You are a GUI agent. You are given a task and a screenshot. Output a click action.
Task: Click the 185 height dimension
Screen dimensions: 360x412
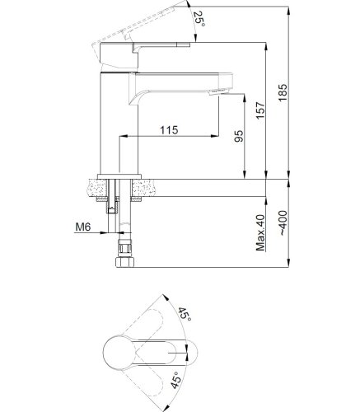[x=283, y=92]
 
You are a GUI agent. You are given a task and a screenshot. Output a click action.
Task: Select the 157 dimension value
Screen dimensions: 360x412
[x=260, y=110]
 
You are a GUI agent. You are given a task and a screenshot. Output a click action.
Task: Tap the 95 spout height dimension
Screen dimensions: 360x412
[x=239, y=136]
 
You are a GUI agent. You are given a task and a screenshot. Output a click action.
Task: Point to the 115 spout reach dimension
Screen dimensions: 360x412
[x=169, y=129]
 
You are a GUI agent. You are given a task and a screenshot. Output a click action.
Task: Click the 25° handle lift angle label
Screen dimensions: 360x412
[x=199, y=19]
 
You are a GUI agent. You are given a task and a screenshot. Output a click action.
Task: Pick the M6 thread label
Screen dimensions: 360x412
[x=83, y=227]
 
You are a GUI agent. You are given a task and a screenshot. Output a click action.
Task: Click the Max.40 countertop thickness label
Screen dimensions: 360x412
[x=261, y=233]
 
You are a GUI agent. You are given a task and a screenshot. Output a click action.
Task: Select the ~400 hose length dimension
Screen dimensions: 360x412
[x=283, y=222]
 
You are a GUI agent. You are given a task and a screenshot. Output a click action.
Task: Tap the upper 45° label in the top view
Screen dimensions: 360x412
[x=185, y=314]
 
